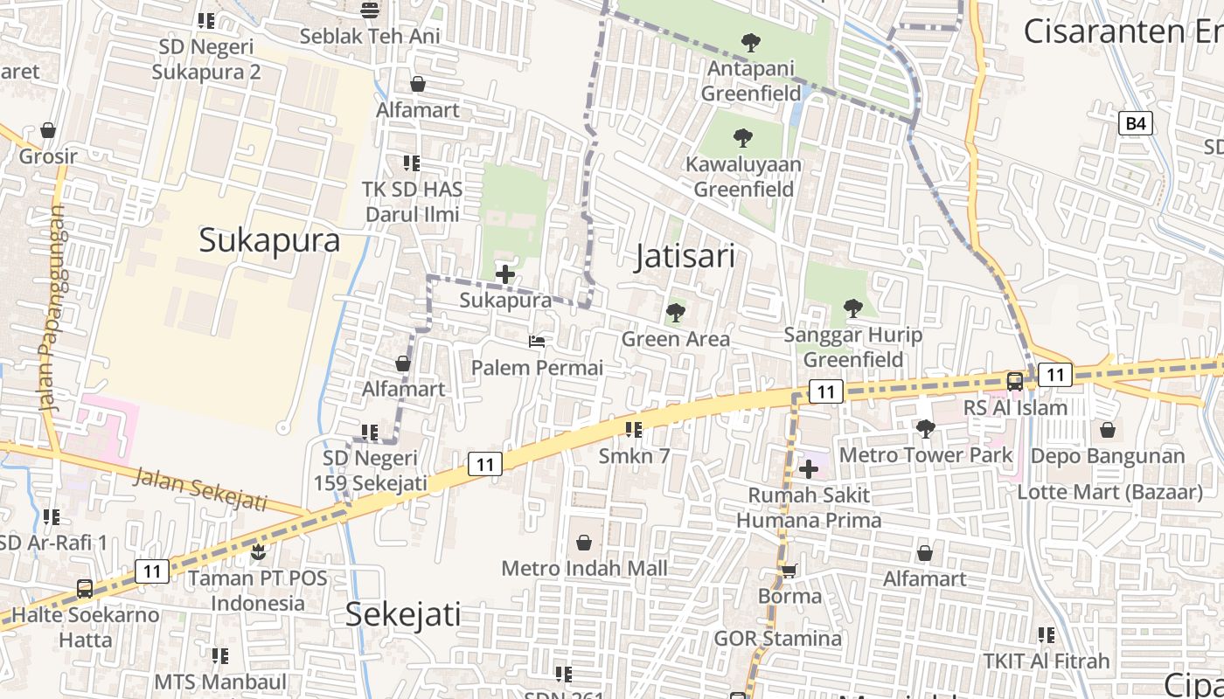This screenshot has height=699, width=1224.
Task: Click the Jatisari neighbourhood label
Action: tap(684, 256)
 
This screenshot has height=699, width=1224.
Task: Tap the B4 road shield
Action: tap(1135, 123)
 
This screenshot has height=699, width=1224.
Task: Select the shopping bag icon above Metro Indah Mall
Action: tap(584, 543)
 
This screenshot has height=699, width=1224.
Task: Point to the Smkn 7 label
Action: tap(634, 455)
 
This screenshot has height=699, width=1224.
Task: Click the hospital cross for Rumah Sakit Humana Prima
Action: tap(809, 469)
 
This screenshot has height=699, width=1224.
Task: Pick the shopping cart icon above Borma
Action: tap(789, 571)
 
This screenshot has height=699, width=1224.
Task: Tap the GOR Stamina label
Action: tap(777, 638)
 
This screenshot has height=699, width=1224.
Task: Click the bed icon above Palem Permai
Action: tap(537, 341)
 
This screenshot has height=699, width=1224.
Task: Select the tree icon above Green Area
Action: tap(675, 312)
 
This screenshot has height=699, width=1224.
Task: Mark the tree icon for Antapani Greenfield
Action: tap(750, 42)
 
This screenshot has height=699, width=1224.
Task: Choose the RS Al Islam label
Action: tap(1015, 407)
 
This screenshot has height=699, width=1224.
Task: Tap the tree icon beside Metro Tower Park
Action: tap(925, 428)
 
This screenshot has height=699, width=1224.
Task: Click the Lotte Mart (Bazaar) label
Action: tap(1109, 492)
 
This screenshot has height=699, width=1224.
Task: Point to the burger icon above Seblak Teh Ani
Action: tap(370, 10)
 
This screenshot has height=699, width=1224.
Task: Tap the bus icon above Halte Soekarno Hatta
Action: tap(85, 589)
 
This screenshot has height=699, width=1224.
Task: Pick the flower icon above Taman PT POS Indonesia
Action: tap(258, 552)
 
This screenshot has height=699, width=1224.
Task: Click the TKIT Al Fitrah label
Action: tap(1046, 661)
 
